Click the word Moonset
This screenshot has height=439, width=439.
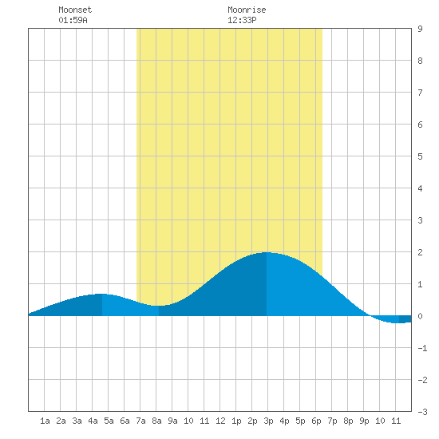point(75,10)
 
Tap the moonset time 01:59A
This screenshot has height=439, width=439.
point(73,20)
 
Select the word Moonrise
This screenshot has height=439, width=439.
point(247,10)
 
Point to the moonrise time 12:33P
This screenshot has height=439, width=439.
point(242,20)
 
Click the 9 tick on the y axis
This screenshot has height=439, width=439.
point(420,29)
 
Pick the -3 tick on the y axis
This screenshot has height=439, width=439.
point(422,412)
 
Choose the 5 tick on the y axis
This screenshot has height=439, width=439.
point(420,156)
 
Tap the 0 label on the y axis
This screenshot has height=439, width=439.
point(420,316)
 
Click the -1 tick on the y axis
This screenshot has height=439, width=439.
point(422,348)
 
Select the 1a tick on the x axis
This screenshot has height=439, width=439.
point(45,421)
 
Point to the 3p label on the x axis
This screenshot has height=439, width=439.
point(268,421)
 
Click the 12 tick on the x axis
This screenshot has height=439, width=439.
point(220,421)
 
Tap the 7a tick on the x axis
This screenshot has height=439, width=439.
point(140,421)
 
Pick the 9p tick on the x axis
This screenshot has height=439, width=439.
point(364,421)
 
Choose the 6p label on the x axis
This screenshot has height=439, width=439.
point(316,421)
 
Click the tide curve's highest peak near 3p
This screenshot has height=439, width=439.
point(267,252)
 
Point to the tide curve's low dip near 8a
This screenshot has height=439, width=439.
point(159,306)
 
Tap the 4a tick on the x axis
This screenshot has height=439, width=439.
point(93,421)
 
